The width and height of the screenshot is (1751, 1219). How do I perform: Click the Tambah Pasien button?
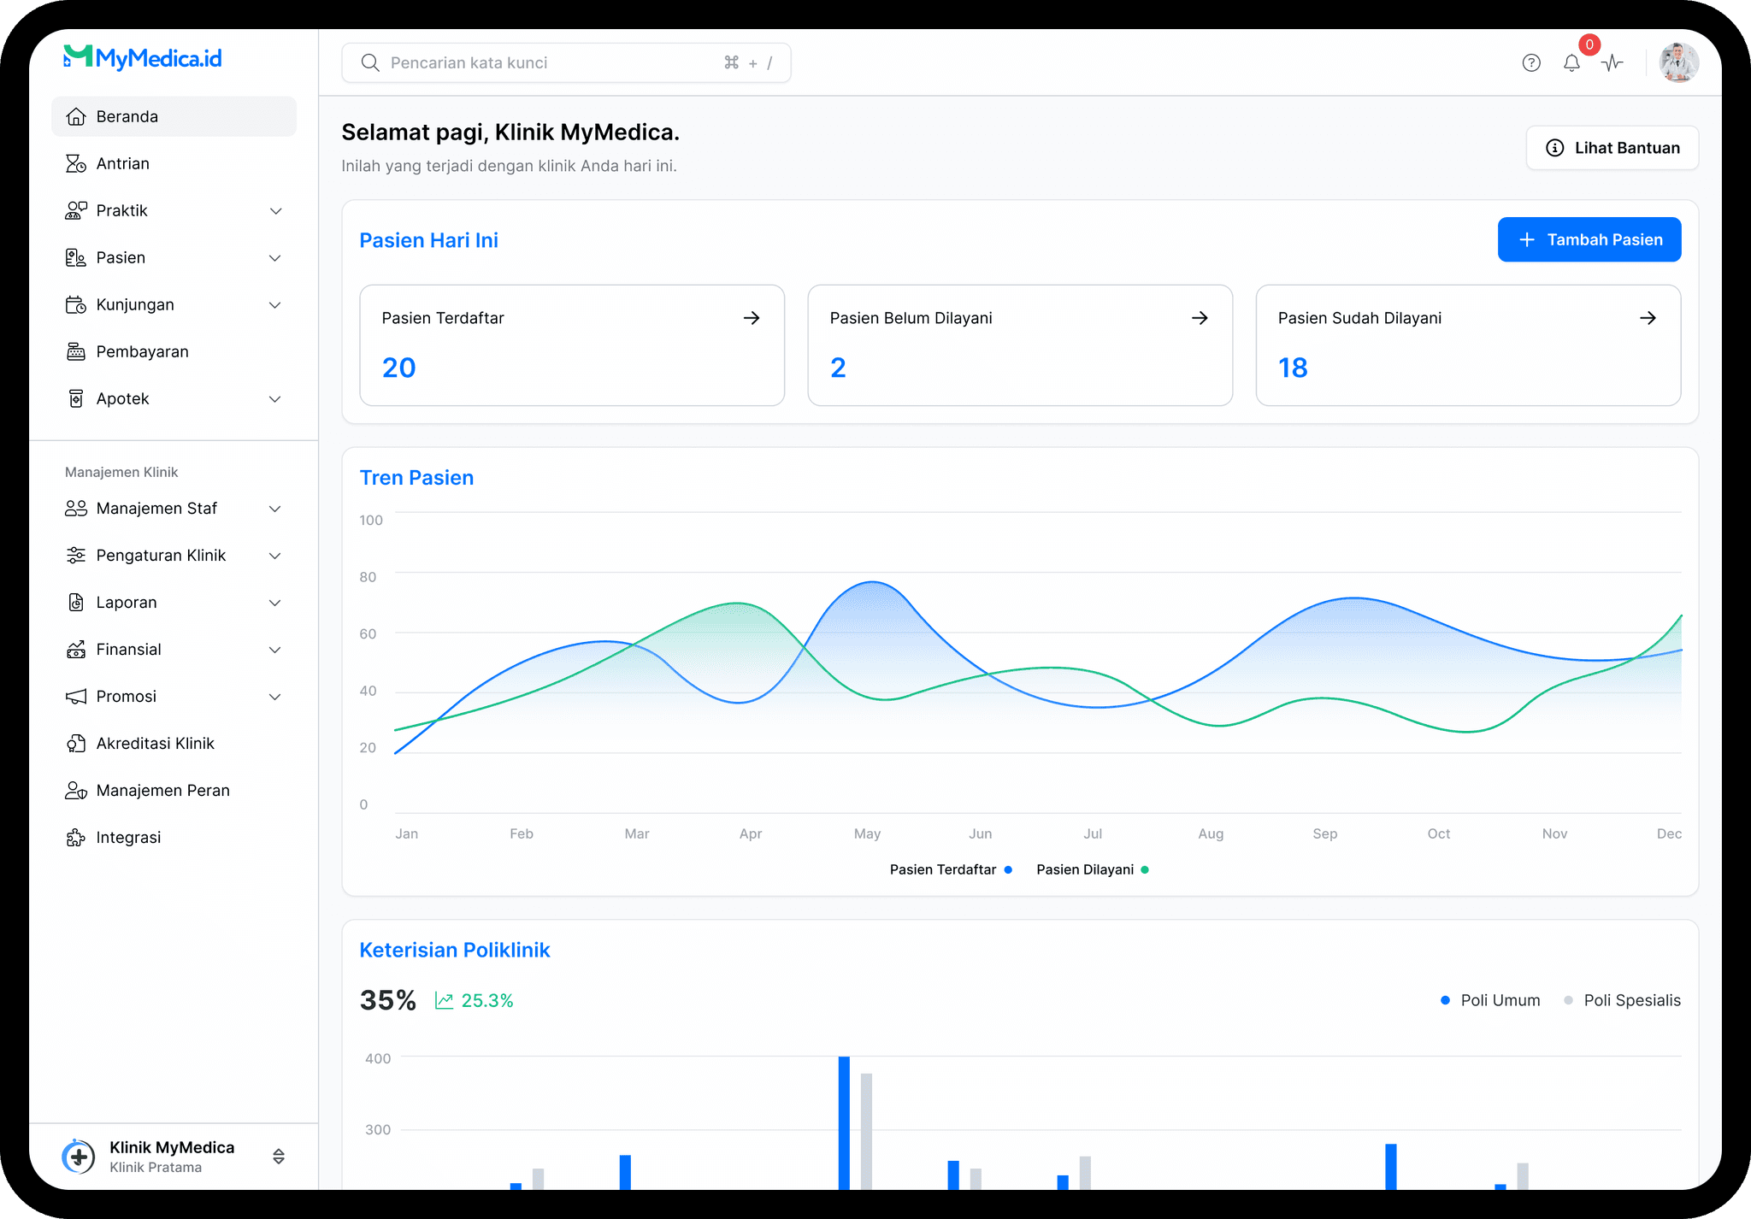point(1589,239)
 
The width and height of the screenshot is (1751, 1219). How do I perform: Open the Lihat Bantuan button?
point(1612,148)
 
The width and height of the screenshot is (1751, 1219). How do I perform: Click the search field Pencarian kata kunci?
point(566,62)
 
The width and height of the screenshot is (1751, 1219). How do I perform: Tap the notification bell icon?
point(1571,63)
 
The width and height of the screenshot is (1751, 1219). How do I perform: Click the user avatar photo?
point(1678,62)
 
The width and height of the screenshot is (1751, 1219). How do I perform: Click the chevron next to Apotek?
point(275,399)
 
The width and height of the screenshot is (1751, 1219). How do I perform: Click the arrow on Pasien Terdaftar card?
point(752,318)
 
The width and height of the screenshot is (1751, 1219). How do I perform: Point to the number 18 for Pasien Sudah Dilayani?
point(1293,368)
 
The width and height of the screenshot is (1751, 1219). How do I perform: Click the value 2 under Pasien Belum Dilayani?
point(838,368)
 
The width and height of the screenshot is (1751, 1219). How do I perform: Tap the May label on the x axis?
point(867,833)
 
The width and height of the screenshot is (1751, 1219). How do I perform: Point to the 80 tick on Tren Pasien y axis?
point(368,577)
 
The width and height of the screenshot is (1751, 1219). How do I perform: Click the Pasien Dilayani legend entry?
point(1093,869)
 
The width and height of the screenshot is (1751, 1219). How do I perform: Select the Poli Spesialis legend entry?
point(1622,1000)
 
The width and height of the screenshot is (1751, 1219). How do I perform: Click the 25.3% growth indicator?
point(474,1000)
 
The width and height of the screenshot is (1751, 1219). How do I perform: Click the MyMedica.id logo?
point(143,57)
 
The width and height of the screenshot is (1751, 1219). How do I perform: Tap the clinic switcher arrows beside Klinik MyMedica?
point(279,1157)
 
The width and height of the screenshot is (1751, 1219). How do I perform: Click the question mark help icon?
point(1531,62)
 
